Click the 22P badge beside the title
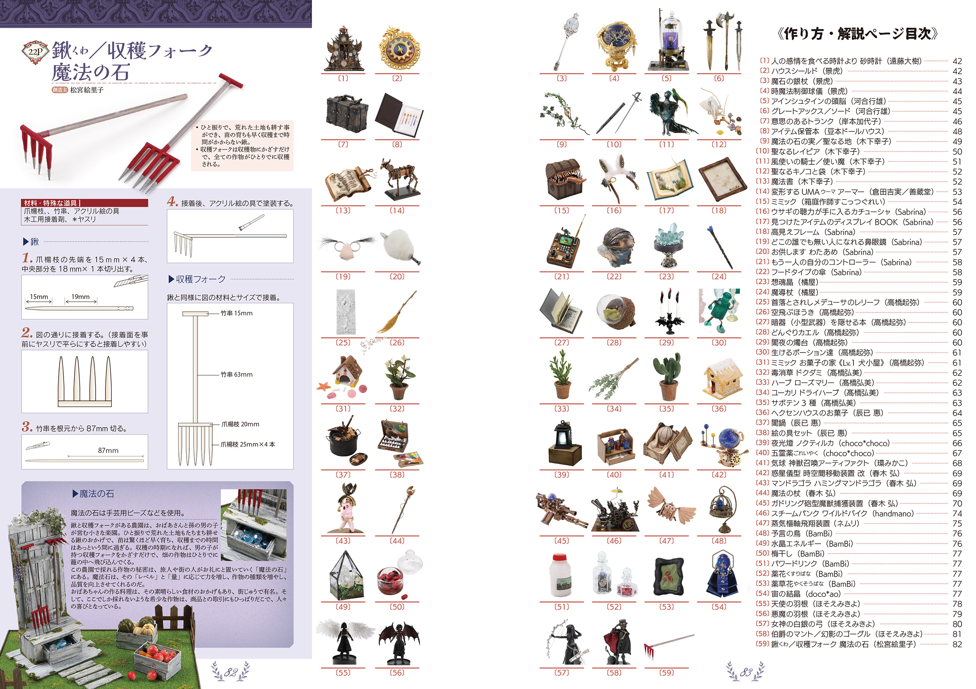click(x=35, y=52)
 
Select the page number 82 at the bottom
click(x=231, y=672)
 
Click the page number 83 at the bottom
click(x=746, y=672)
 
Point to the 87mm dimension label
click(x=108, y=450)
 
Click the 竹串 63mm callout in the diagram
click(x=236, y=374)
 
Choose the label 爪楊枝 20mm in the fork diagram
click(x=240, y=424)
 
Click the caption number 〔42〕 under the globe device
click(x=719, y=474)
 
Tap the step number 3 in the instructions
click(x=27, y=427)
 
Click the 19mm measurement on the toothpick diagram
click(x=80, y=297)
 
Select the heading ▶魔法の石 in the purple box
click(x=94, y=493)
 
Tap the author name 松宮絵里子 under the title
click(x=87, y=90)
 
